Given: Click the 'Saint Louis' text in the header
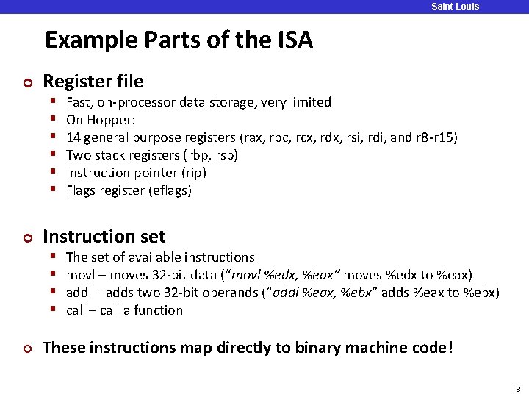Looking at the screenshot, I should tap(455, 7).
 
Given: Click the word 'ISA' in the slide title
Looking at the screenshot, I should tap(294, 40).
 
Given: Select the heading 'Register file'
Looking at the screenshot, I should tap(93, 81).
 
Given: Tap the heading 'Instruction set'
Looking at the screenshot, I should tap(104, 237).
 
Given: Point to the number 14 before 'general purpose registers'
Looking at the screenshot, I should tap(73, 137).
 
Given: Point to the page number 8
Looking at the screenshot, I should tap(518, 389).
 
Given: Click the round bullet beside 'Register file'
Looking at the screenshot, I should tap(28, 82).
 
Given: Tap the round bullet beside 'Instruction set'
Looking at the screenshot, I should tap(28, 237).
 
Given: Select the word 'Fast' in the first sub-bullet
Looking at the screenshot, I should tap(78, 102).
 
